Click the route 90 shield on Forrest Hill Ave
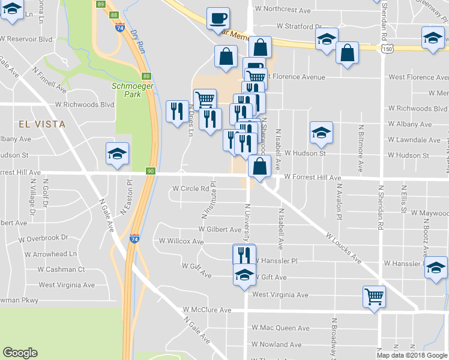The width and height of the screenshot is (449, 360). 150,172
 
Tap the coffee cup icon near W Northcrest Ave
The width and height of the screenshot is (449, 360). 217,17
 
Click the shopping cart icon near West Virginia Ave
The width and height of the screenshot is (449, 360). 374,296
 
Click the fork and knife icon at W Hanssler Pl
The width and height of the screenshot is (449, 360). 244,254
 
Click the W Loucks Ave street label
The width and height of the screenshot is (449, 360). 343,248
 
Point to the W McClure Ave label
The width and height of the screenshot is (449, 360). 207,310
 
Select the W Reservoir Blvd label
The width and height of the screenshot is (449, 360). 26,38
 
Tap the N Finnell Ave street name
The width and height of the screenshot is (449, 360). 50,79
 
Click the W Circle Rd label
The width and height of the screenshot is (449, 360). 190,188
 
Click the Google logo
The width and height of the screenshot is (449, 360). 20,353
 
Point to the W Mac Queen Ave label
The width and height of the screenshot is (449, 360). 280,328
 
